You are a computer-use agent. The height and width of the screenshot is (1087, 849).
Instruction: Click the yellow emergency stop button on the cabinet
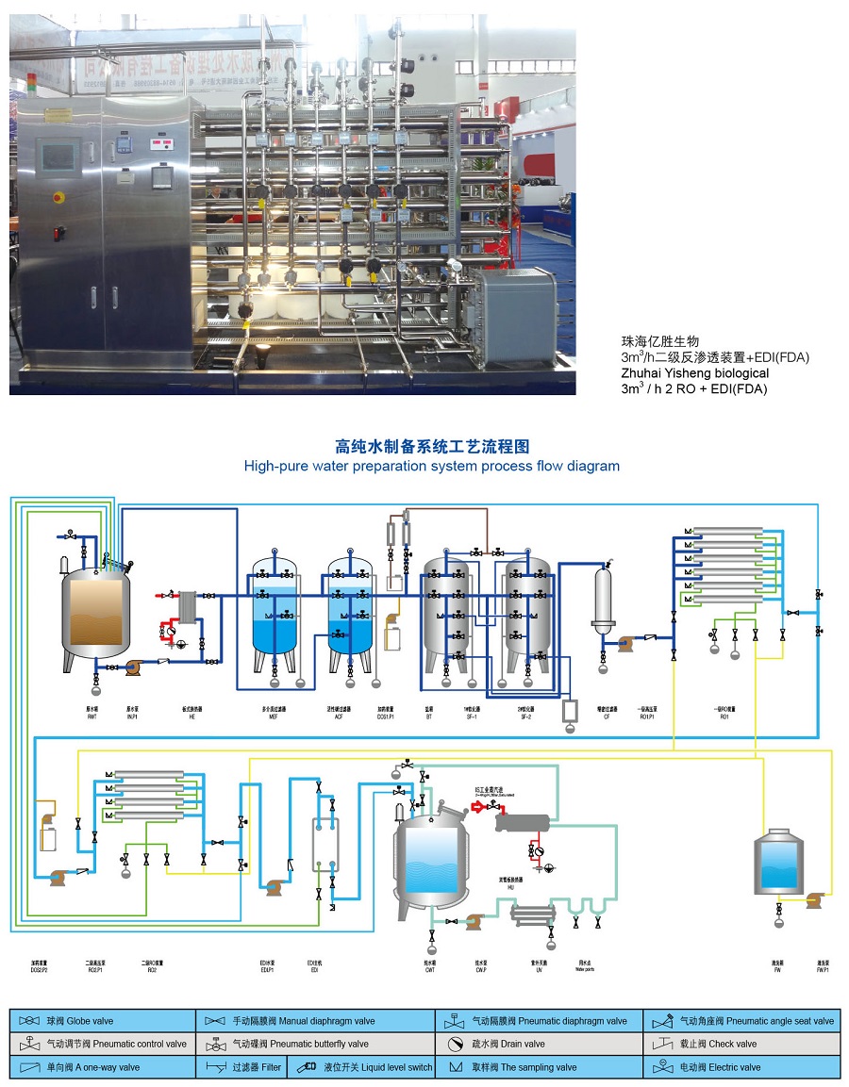pyautogui.click(x=58, y=197)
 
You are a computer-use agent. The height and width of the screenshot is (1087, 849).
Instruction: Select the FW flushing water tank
pyautogui.click(x=778, y=862)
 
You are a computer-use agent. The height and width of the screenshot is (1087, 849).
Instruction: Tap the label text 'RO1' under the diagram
pyautogui.click(x=724, y=717)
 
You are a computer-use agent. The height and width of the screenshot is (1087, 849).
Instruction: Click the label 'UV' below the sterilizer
pyautogui.click(x=540, y=968)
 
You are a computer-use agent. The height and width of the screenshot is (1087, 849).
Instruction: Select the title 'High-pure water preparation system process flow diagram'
pyautogui.click(x=432, y=466)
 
